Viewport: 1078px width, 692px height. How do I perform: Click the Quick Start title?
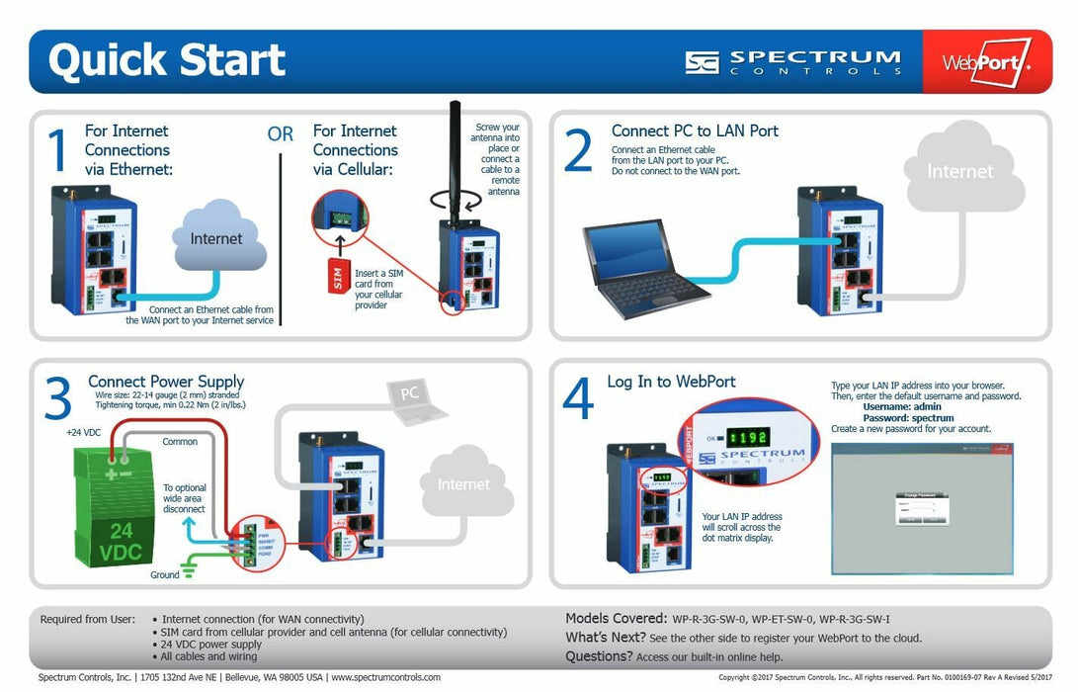(166, 60)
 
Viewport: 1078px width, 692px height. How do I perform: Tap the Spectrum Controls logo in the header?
(792, 61)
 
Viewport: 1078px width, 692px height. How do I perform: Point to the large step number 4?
(577, 399)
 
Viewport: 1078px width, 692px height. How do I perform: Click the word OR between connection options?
(280, 134)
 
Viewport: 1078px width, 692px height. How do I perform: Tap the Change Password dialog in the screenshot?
(921, 505)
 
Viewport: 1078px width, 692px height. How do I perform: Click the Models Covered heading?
(616, 618)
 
